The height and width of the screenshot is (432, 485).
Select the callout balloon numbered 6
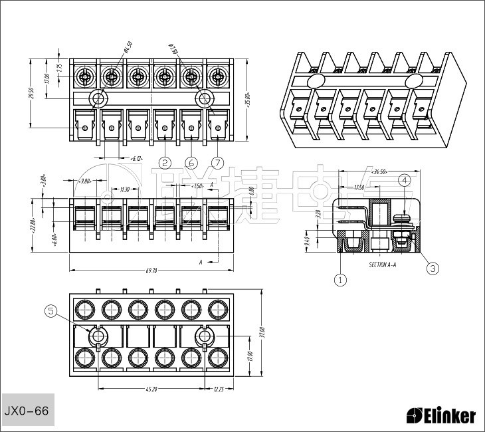(x=191, y=162)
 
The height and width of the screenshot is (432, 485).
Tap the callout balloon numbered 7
(x=217, y=162)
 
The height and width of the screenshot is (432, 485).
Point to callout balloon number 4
(x=405, y=180)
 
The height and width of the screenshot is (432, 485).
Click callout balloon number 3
(x=433, y=269)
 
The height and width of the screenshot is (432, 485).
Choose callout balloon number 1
(x=341, y=280)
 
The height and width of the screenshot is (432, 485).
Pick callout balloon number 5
(x=50, y=310)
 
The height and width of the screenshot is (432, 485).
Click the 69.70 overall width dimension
(x=151, y=270)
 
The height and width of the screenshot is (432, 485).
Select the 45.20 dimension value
(x=151, y=389)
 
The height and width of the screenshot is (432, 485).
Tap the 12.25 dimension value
(x=219, y=389)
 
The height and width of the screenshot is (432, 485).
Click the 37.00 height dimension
(x=262, y=330)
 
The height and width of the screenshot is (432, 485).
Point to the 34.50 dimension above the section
(x=379, y=171)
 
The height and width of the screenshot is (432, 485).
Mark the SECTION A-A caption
(x=383, y=265)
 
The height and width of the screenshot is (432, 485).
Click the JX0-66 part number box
(x=27, y=411)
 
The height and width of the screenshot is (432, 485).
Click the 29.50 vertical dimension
(x=31, y=94)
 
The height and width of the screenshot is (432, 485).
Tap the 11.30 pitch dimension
(x=124, y=190)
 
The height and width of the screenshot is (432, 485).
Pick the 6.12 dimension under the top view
(x=137, y=159)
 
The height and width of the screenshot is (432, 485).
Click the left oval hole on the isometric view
(x=316, y=80)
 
